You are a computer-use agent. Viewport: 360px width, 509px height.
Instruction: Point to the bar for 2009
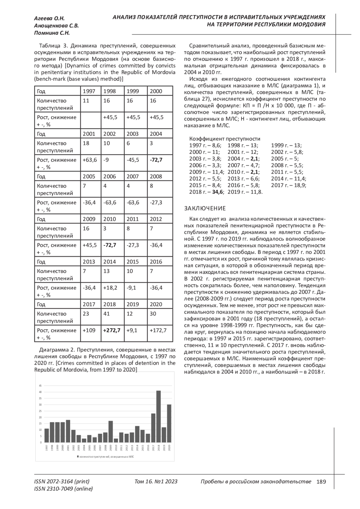tap(111, 432)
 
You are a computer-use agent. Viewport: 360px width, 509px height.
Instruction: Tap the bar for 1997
tap(46, 436)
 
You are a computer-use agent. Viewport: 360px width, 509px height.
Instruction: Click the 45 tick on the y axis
tap(40, 386)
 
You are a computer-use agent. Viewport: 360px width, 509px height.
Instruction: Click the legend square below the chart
tap(78, 457)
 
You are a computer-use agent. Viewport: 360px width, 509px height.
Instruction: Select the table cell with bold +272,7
tap(112, 330)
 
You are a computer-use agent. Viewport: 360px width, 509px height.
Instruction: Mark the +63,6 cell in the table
tap(90, 160)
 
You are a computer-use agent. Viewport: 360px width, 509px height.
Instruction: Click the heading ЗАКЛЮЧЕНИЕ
tap(205, 208)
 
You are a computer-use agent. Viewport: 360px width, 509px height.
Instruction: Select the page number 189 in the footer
tap(321, 482)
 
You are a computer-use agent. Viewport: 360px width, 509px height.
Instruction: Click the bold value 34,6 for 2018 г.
tap(217, 192)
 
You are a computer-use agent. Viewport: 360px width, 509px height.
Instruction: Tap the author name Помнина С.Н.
tap(52, 33)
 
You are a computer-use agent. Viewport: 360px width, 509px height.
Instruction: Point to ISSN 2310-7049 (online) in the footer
tap(64, 489)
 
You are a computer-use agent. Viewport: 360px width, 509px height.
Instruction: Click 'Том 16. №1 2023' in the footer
tap(156, 482)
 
